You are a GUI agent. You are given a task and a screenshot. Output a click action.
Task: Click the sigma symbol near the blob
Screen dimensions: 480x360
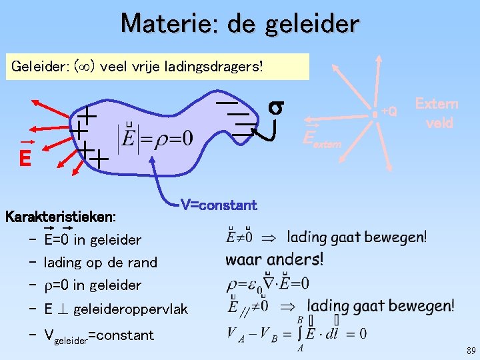277,107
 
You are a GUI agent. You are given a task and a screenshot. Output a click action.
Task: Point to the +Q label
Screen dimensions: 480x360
389,111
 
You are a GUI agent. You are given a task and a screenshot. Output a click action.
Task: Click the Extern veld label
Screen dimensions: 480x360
436,113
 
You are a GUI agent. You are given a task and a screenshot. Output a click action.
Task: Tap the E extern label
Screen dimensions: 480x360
321,139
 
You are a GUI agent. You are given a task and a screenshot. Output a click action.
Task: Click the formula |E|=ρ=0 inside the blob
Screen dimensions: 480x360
155,139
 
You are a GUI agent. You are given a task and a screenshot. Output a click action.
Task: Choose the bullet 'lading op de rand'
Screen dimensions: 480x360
100,263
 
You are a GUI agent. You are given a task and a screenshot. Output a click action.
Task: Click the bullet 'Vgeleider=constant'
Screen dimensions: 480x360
98,335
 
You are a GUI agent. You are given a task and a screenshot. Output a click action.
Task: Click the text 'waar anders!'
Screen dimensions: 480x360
274,259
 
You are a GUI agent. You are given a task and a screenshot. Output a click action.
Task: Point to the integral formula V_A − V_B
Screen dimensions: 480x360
296,333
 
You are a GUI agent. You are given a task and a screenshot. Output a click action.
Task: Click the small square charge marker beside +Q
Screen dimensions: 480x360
376,115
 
